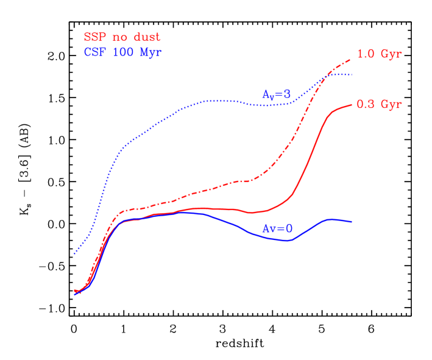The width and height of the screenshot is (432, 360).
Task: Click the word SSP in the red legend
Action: coord(95,38)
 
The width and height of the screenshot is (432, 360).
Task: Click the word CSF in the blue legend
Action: coord(95,52)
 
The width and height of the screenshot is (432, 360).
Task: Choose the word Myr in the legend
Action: coord(151,52)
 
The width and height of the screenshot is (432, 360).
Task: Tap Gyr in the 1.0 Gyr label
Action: coord(391,55)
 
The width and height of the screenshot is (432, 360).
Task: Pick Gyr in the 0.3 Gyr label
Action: coord(391,105)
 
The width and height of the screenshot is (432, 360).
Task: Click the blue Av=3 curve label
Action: coord(277,94)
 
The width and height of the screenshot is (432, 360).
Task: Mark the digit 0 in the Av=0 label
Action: coord(289,228)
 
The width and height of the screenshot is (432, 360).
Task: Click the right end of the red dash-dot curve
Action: coord(350,60)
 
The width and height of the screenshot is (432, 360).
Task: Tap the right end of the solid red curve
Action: coord(352,105)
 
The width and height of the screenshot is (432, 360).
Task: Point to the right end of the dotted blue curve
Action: coord(352,74)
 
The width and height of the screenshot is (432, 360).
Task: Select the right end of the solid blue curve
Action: coord(352,221)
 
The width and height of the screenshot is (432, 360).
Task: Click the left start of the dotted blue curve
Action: coord(74,253)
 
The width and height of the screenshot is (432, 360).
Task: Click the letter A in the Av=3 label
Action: coord(266,94)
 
